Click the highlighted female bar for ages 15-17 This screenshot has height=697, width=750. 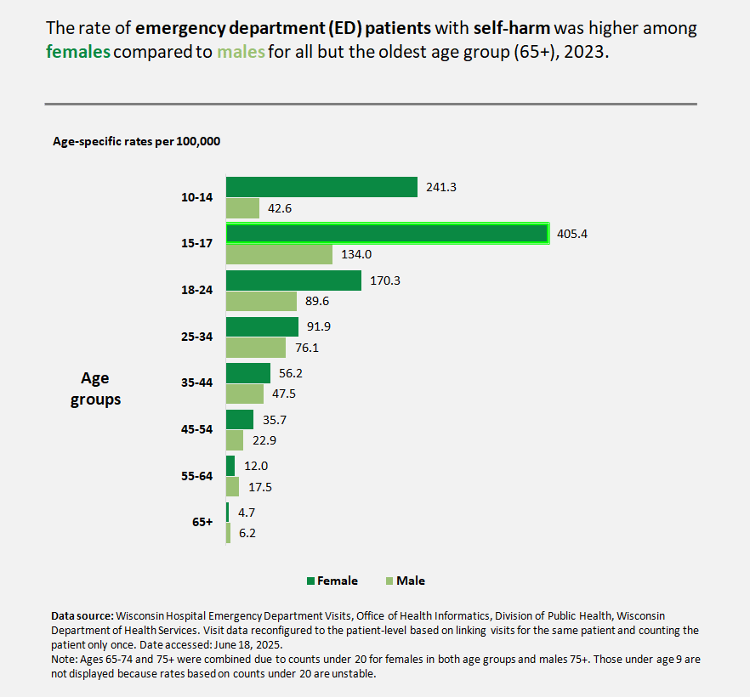tap(387, 234)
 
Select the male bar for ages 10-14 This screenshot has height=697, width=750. tap(242, 208)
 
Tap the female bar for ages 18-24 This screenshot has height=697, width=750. tap(293, 280)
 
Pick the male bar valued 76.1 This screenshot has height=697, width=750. tap(255, 348)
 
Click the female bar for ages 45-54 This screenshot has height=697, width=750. tap(239, 419)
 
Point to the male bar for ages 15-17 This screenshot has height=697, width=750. tap(279, 254)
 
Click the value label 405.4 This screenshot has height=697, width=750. tap(572, 234)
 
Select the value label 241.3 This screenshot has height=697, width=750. tap(441, 187)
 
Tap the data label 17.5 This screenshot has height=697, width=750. tap(259, 487)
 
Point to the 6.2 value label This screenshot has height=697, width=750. tap(247, 534)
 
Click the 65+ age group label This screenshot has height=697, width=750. tap(202, 523)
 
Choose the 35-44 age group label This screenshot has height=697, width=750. tap(196, 383)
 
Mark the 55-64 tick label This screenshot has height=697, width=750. tap(196, 476)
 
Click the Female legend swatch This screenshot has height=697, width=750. tap(310, 581)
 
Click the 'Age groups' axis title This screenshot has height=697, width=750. tap(95, 388)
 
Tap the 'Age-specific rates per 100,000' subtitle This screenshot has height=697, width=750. tap(137, 141)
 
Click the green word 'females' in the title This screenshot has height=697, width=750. tap(78, 51)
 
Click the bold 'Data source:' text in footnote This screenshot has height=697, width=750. tap(82, 615)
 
